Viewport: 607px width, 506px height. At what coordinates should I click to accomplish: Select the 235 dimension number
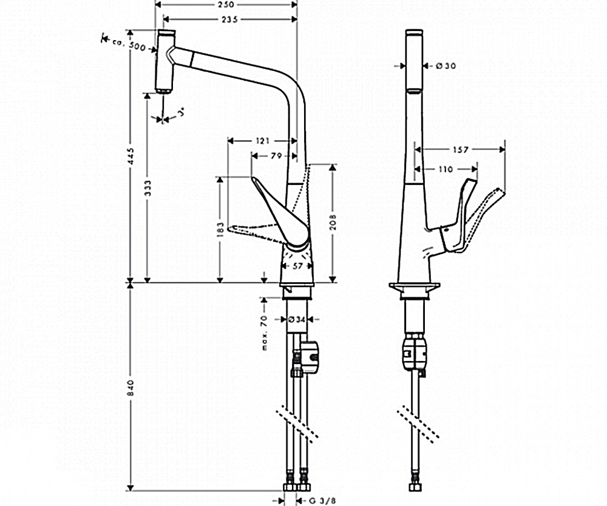coord(230,19)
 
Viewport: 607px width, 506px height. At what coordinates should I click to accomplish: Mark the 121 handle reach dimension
coord(263,141)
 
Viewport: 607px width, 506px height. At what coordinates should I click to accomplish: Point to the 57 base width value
coord(297,265)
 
